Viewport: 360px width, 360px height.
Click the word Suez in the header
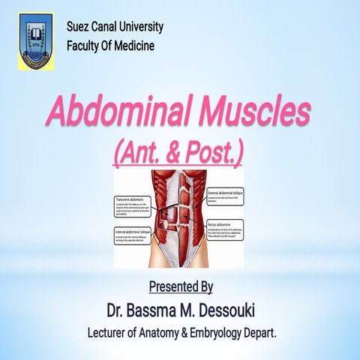click(x=79, y=28)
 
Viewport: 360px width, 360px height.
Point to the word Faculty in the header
click(x=85, y=46)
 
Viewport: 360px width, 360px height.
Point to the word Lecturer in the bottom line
click(x=110, y=331)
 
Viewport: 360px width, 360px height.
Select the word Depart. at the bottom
click(x=259, y=331)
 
